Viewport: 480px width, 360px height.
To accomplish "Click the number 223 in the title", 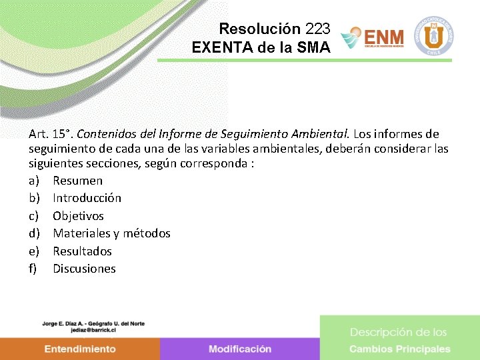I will [x=317, y=29].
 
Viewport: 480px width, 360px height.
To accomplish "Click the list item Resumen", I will [x=77, y=181].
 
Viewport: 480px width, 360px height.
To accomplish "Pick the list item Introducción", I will [x=87, y=198].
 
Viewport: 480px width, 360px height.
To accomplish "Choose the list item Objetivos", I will [x=78, y=216].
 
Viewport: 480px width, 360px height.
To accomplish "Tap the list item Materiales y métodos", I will [x=111, y=233].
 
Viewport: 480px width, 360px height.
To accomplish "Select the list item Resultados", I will [x=82, y=251].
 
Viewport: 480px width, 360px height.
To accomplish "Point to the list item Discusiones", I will [x=84, y=269].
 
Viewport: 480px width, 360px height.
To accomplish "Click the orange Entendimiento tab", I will [x=80, y=349].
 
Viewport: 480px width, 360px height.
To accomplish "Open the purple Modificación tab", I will [x=240, y=349].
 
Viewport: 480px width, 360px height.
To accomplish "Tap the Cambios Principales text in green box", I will [x=400, y=349].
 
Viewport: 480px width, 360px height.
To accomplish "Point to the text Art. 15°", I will [x=45, y=134].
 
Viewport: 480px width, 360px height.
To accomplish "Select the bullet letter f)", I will [x=33, y=269].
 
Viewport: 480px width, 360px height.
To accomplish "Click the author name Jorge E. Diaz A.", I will [x=66, y=323].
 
